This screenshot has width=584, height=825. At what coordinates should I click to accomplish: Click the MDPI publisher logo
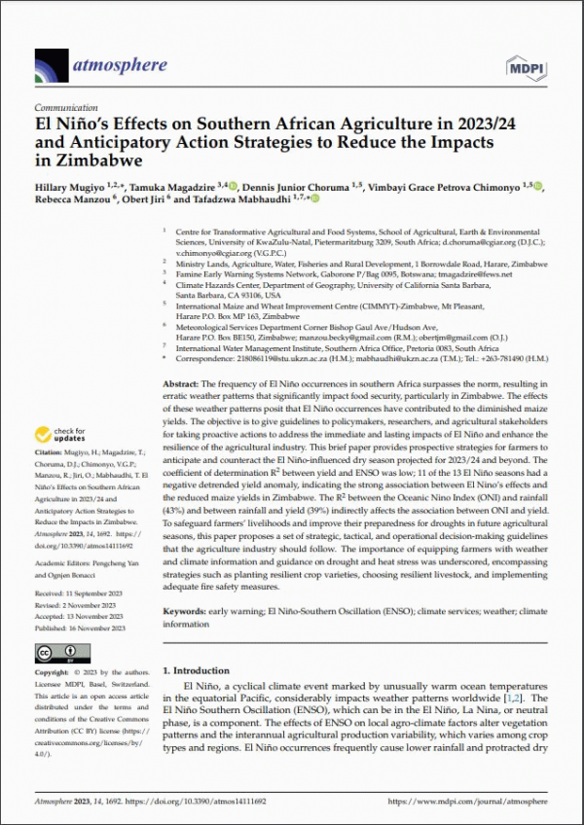(x=524, y=65)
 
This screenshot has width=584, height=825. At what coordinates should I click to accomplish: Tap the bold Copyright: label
(x=51, y=672)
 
